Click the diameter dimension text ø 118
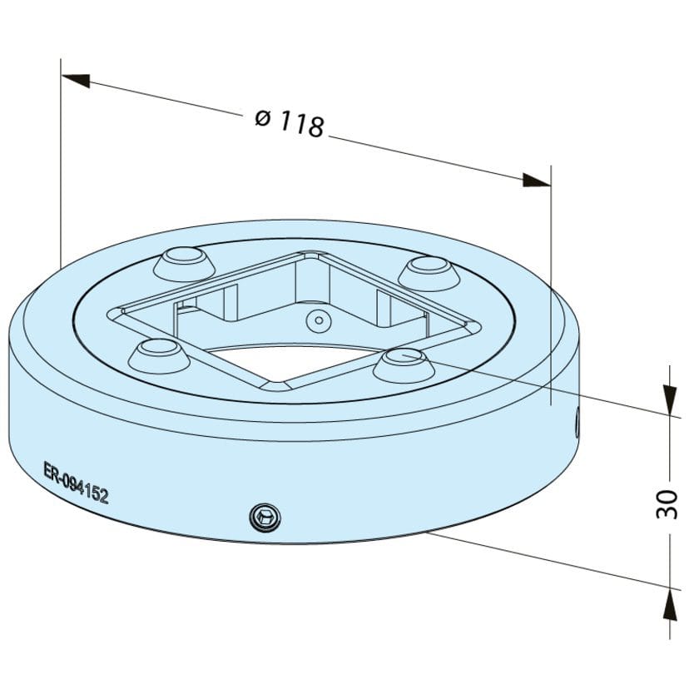pyautogui.click(x=290, y=122)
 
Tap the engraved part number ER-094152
pyautogui.click(x=77, y=483)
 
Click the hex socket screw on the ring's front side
pyautogui.click(x=265, y=518)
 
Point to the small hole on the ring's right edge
pyautogui.click(x=577, y=424)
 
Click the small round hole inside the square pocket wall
pyautogui.click(x=317, y=319)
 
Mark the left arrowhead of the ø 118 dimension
pyautogui.click(x=76, y=80)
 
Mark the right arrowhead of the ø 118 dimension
pyautogui.click(x=536, y=181)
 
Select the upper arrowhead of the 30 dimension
pyautogui.click(x=669, y=399)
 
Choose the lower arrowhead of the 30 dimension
pyautogui.click(x=669, y=603)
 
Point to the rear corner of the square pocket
pyautogui.click(x=314, y=253)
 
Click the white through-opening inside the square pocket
pyautogui.click(x=283, y=358)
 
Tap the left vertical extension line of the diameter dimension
pyautogui.click(x=62, y=166)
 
